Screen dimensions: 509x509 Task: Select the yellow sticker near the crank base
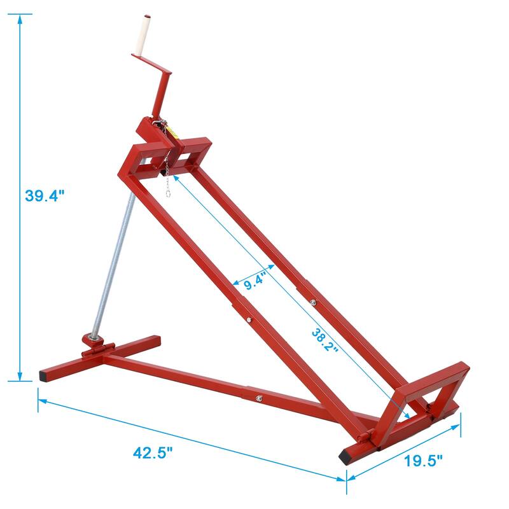[x=172, y=131]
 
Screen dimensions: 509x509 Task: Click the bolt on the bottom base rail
[x=260, y=399]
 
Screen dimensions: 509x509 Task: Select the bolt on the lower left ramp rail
[x=249, y=319]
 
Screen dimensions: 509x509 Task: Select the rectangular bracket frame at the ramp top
[x=172, y=150]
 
